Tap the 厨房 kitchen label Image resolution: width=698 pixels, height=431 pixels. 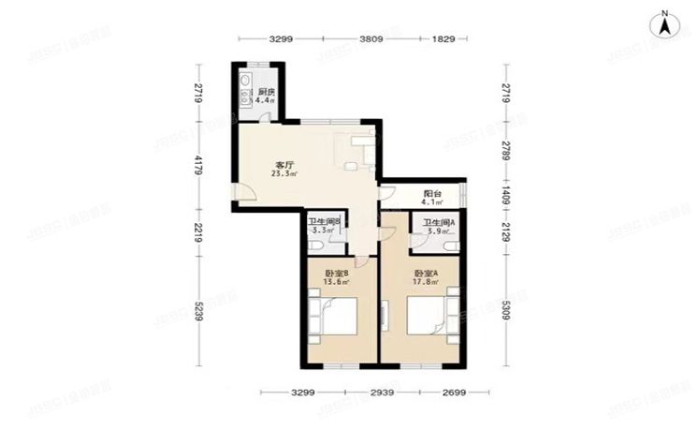[266, 91]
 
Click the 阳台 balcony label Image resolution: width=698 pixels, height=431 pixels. [430, 193]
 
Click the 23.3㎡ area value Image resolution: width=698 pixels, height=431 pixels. [284, 173]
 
